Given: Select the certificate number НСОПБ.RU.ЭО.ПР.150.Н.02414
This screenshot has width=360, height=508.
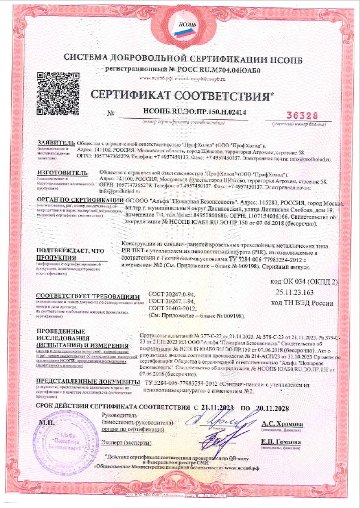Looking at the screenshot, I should coord(197,113).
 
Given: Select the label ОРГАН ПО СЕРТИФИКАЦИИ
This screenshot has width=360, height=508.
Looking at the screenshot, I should coord(79,200).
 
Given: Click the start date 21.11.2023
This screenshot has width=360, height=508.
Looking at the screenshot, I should coord(218,408).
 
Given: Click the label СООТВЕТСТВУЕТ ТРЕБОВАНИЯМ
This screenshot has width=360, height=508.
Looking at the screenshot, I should coord(87,297).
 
